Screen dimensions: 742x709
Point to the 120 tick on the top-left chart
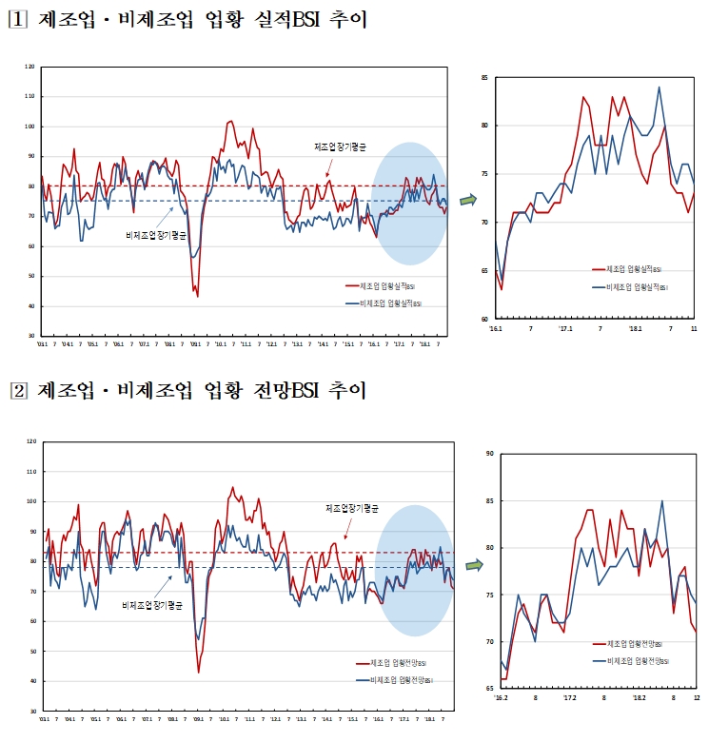click(x=30, y=67)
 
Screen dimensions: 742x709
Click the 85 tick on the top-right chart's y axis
click(x=483, y=77)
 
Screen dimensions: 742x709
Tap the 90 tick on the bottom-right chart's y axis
click(x=489, y=454)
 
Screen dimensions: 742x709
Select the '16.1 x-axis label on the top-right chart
click(x=497, y=328)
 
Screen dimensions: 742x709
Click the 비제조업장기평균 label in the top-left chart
click(x=157, y=233)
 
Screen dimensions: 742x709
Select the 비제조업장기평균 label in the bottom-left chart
click(x=153, y=605)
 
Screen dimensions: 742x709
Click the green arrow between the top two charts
click(x=468, y=200)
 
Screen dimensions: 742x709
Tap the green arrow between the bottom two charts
click(x=473, y=564)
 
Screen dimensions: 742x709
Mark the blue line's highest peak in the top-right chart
click(x=659, y=88)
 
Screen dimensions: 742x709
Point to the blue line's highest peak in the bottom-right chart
click(x=661, y=500)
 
